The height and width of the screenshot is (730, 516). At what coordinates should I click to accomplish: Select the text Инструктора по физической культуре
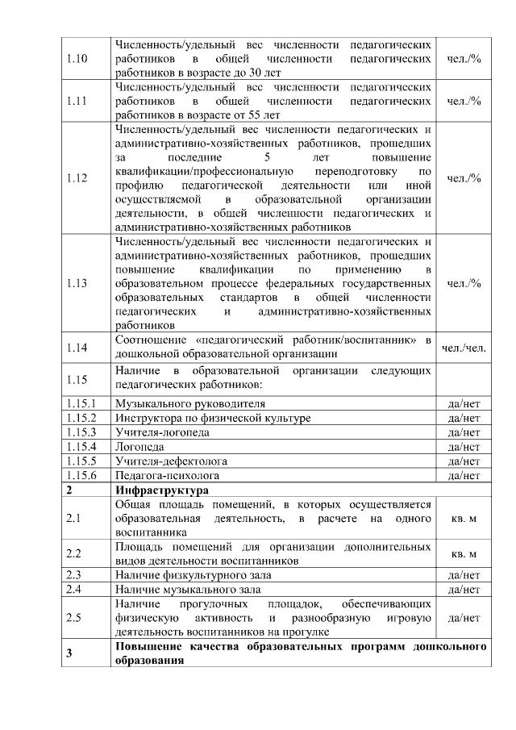(x=212, y=418)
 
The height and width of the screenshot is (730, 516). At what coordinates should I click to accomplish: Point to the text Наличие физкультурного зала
(x=193, y=575)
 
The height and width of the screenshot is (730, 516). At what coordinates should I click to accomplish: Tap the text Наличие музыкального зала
(x=188, y=590)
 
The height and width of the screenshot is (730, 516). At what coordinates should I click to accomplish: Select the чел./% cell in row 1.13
(x=464, y=283)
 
